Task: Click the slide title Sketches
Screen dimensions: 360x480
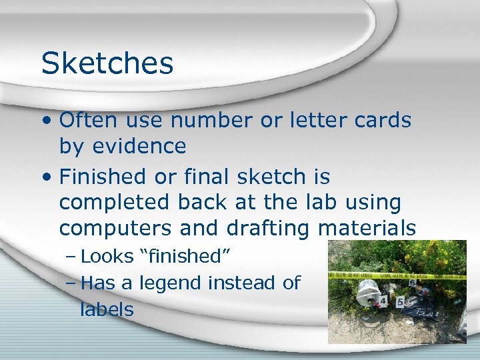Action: [x=107, y=63]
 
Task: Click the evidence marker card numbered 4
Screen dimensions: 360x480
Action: [x=383, y=301]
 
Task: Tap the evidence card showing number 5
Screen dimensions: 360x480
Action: [x=400, y=302]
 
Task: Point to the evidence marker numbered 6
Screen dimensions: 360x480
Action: [x=413, y=283]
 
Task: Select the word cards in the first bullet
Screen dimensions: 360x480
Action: [x=382, y=120]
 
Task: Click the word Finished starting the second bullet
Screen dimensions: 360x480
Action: [x=100, y=177]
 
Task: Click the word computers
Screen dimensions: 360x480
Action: [x=116, y=228]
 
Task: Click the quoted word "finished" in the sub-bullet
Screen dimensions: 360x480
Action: [x=186, y=257]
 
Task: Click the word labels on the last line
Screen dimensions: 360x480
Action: [x=107, y=309]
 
